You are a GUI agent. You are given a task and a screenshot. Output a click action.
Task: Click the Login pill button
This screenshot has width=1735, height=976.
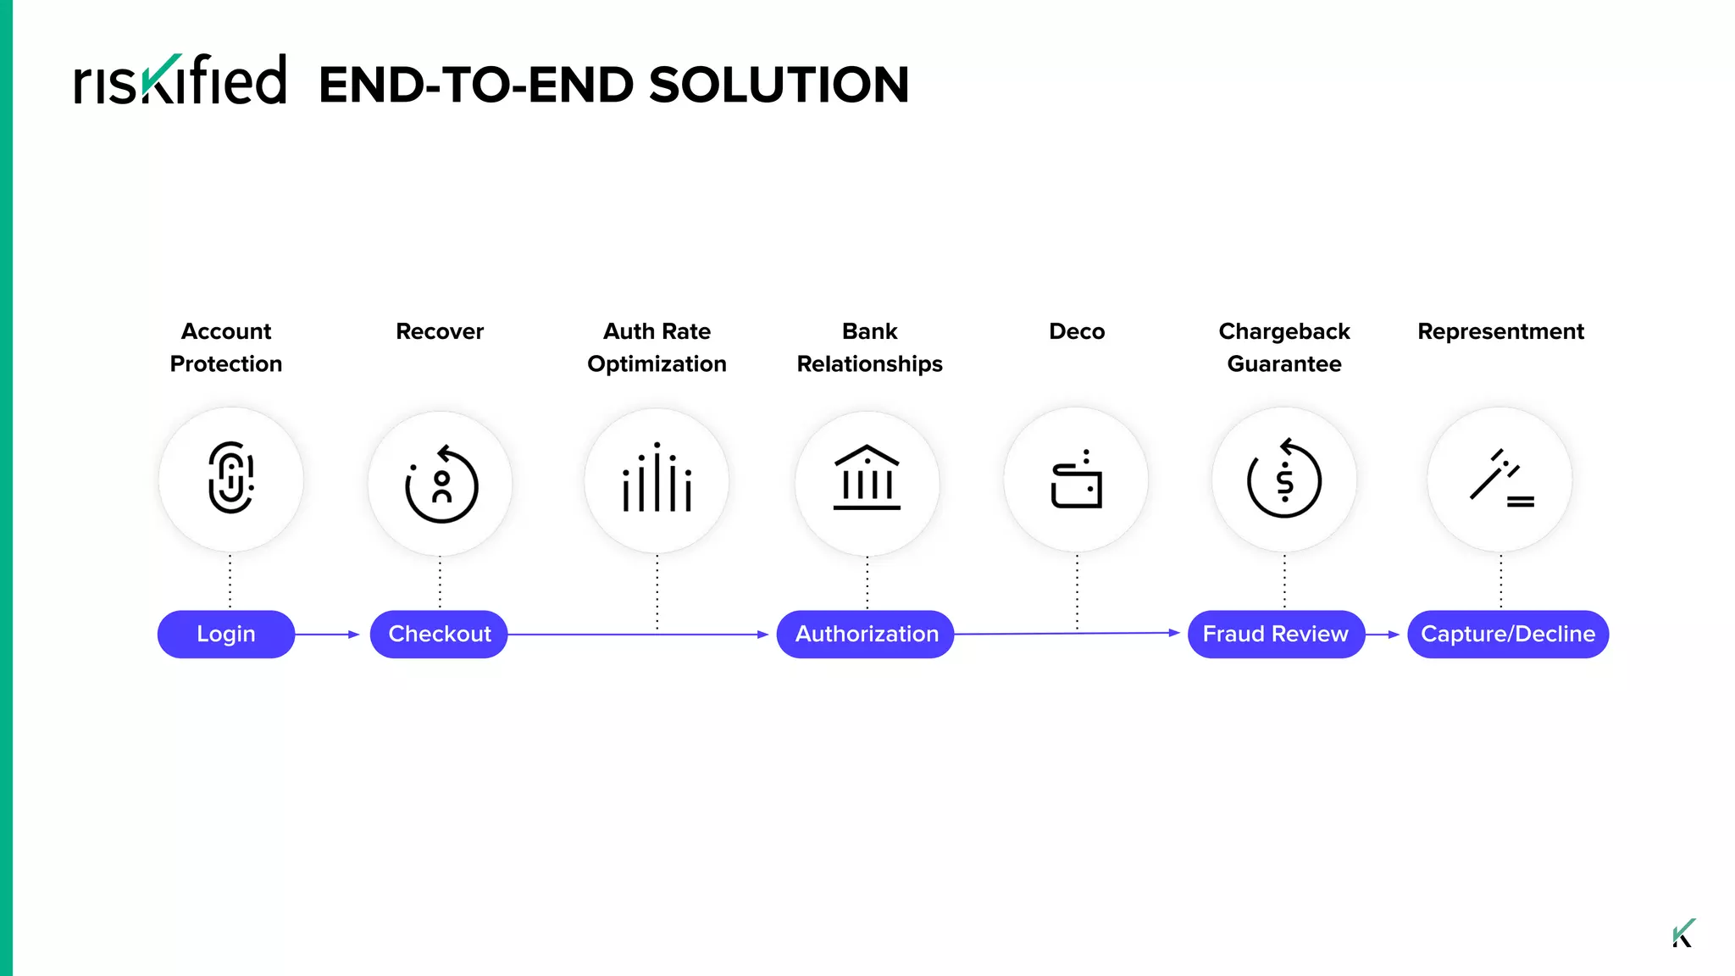(x=226, y=634)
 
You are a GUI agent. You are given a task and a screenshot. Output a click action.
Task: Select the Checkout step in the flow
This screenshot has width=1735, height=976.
(x=439, y=634)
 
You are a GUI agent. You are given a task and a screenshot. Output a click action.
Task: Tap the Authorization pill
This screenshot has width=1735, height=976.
(x=866, y=634)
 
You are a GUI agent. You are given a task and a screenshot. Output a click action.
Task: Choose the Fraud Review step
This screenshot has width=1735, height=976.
(x=1276, y=634)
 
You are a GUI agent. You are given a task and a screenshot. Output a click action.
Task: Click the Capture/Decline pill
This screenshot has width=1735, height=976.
(x=1508, y=634)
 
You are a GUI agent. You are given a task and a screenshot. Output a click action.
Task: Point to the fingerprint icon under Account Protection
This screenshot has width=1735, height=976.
(x=230, y=478)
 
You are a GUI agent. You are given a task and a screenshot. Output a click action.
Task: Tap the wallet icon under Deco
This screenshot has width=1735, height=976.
(x=1077, y=480)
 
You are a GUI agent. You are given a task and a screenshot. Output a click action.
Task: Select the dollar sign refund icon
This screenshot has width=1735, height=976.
(x=1284, y=480)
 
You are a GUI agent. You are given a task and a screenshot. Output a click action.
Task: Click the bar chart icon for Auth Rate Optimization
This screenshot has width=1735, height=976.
(x=657, y=479)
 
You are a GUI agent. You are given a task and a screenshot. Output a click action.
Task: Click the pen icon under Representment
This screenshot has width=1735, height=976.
(x=1500, y=480)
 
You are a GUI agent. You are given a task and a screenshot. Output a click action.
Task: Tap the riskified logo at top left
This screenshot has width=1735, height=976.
(x=180, y=81)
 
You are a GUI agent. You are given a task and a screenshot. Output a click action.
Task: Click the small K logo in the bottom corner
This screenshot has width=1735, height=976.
(x=1683, y=933)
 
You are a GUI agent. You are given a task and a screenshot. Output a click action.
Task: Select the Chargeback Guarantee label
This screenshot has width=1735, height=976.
(x=1284, y=347)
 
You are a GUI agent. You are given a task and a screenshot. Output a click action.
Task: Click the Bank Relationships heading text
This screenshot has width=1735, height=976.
(x=869, y=347)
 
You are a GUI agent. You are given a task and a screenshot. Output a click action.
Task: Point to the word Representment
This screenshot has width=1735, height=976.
(x=1500, y=331)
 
